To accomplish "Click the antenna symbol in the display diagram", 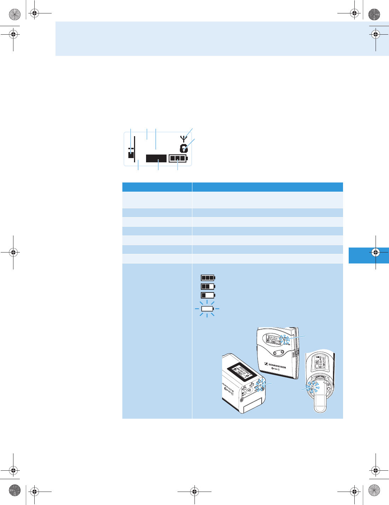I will point(183,138).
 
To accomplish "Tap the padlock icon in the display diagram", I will point(184,149).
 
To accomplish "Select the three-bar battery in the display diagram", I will point(178,158).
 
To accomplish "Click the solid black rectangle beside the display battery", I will point(156,158).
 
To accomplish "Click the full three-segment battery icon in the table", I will point(208,278).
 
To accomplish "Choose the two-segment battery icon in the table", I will point(208,286).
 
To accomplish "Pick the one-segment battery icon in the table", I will point(208,295).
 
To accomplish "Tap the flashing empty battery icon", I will point(207,309).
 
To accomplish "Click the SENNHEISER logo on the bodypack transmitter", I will point(275,365).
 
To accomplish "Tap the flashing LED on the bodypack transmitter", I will point(285,339).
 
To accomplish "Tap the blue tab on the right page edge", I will point(369,255).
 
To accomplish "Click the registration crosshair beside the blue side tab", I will point(376,253).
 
